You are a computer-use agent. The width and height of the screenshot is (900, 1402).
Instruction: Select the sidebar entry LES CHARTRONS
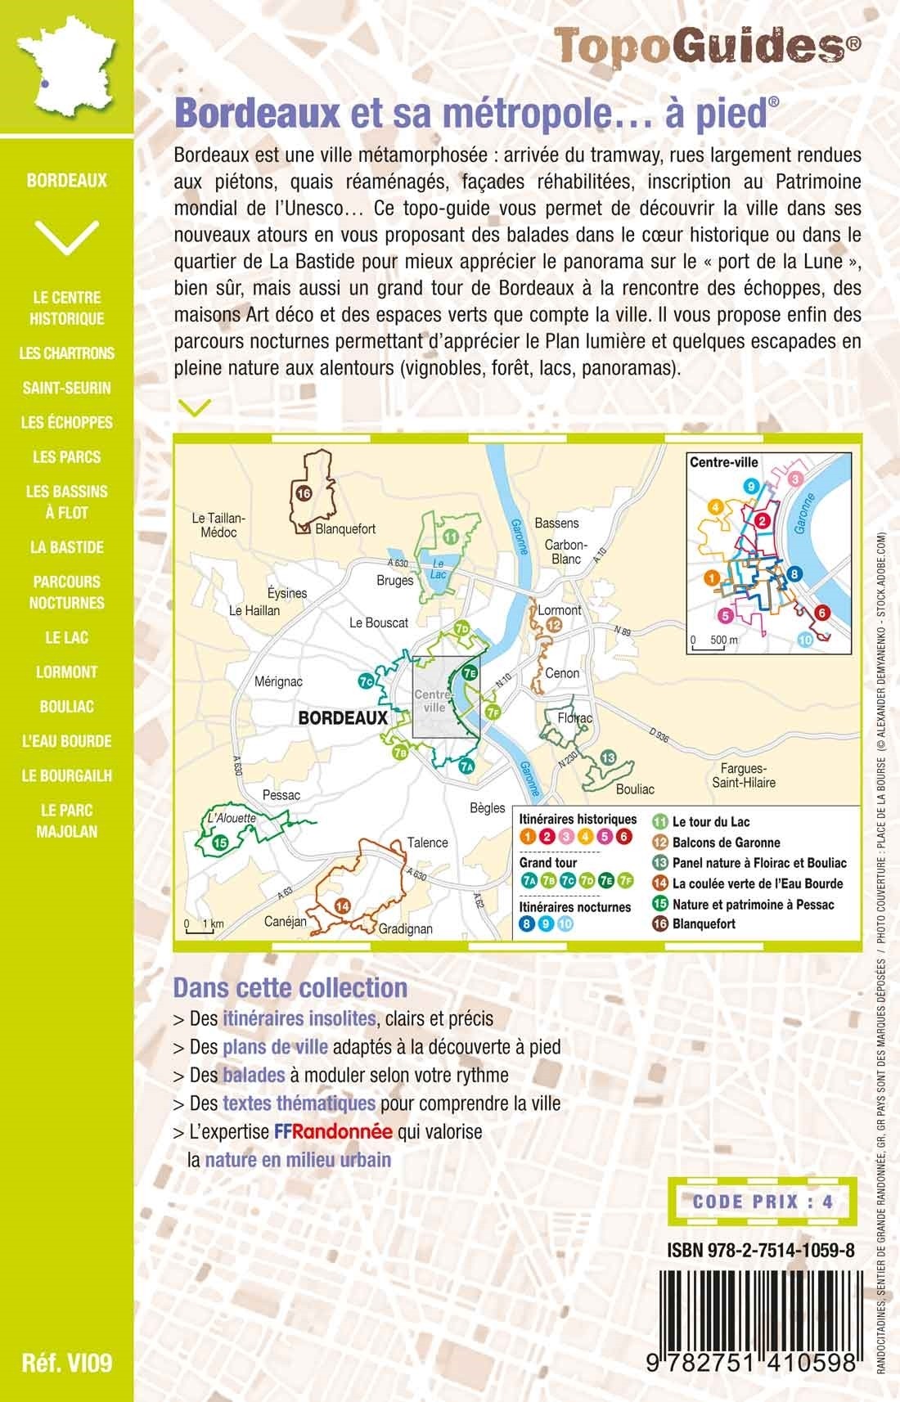67,353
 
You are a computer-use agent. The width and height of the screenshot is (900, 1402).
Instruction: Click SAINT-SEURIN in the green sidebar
67,388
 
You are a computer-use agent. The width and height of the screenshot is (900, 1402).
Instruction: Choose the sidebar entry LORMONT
67,672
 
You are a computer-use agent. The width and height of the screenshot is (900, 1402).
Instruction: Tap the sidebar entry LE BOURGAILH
67,775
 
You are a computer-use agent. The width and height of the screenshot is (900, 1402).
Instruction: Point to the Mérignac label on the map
278,681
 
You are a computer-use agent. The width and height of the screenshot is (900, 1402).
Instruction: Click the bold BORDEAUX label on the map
343,717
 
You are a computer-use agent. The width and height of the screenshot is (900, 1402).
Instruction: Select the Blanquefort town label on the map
345,528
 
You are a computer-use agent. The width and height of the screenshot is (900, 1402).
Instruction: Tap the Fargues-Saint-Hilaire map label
749,775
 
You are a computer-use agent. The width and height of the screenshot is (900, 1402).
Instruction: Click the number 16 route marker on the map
304,493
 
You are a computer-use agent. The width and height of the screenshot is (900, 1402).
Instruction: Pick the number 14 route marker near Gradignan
342,905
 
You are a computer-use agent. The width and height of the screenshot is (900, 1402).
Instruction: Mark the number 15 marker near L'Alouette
219,842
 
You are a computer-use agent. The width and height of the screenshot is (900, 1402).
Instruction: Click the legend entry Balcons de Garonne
726,843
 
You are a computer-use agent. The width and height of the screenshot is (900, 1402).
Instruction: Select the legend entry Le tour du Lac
710,822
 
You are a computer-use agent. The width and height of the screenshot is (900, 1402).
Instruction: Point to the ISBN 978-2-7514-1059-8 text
761,1250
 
